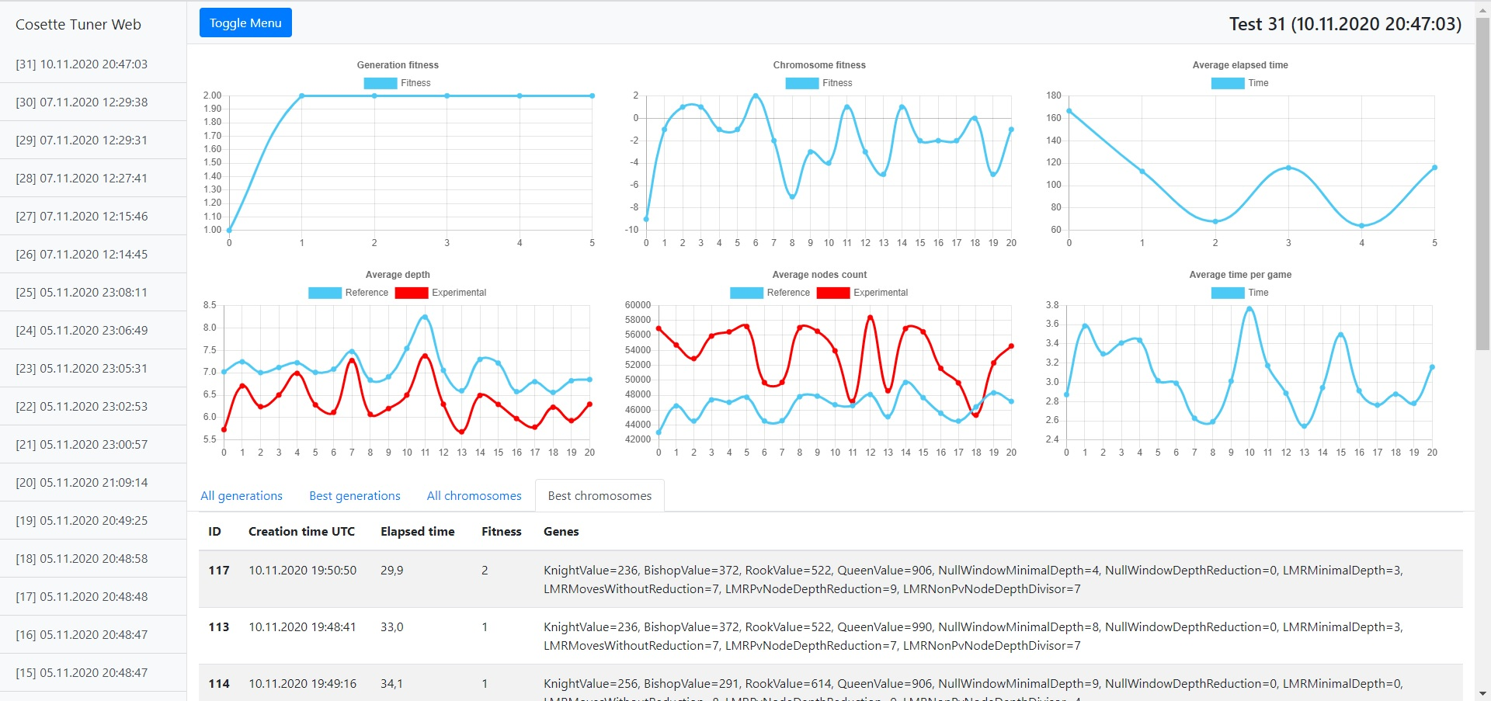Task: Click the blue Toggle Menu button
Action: click(245, 23)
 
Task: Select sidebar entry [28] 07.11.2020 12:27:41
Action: click(82, 179)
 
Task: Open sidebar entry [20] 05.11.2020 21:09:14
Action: click(82, 483)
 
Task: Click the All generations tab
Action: click(242, 496)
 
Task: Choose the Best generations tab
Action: click(355, 496)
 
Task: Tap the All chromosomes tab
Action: click(474, 496)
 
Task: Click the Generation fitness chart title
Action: click(398, 65)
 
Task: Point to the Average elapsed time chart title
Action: click(1240, 65)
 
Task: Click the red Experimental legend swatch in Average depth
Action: click(412, 293)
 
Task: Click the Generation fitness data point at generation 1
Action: click(302, 96)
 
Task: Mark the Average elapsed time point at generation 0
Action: click(1069, 111)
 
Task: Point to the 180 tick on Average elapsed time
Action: click(1053, 95)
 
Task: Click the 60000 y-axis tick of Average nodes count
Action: click(638, 305)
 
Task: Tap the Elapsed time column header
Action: click(417, 532)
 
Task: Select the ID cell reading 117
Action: click(219, 571)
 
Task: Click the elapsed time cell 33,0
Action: click(392, 627)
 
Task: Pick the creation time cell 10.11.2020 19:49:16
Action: click(302, 684)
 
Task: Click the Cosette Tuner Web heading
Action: click(78, 25)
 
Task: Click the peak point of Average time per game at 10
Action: click(1249, 309)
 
